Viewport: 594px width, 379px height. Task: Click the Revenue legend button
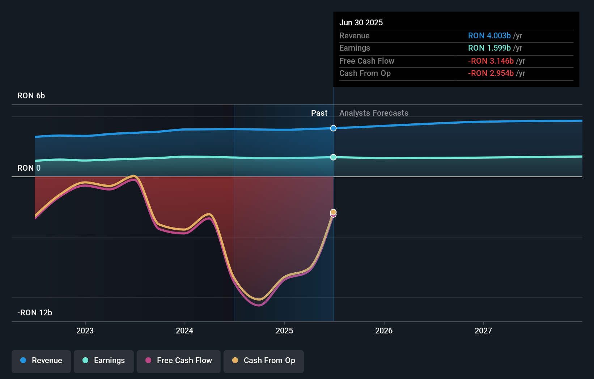pos(41,361)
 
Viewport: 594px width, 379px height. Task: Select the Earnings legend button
pos(104,361)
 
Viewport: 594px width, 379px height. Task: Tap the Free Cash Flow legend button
pos(179,361)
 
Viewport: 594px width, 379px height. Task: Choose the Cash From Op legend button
pos(264,361)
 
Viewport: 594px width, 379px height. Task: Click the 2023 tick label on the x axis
pos(85,331)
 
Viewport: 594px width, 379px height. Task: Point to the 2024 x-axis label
pos(184,331)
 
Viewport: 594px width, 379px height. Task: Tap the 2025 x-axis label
pos(284,331)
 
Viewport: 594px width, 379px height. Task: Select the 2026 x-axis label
pos(384,331)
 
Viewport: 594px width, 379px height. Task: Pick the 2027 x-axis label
pos(483,331)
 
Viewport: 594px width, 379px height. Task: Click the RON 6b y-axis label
pos(31,96)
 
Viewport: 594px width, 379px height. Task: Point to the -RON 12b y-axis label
pos(35,313)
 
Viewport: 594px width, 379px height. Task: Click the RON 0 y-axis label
pos(29,168)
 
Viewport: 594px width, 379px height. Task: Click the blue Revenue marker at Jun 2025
pos(334,128)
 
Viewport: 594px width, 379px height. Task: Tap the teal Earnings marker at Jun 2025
pos(334,157)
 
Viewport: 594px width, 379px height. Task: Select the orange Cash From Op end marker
pos(334,212)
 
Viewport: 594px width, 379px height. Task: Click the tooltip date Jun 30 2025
pos(361,23)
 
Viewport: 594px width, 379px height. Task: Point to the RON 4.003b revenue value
pos(489,36)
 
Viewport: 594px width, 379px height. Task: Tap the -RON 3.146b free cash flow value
pos(491,61)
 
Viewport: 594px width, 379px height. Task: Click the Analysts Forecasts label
pos(374,113)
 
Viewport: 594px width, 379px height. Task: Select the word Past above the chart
pos(319,113)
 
